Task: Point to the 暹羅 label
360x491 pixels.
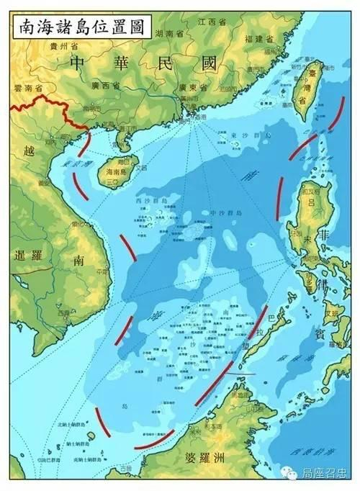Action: pos(29,255)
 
